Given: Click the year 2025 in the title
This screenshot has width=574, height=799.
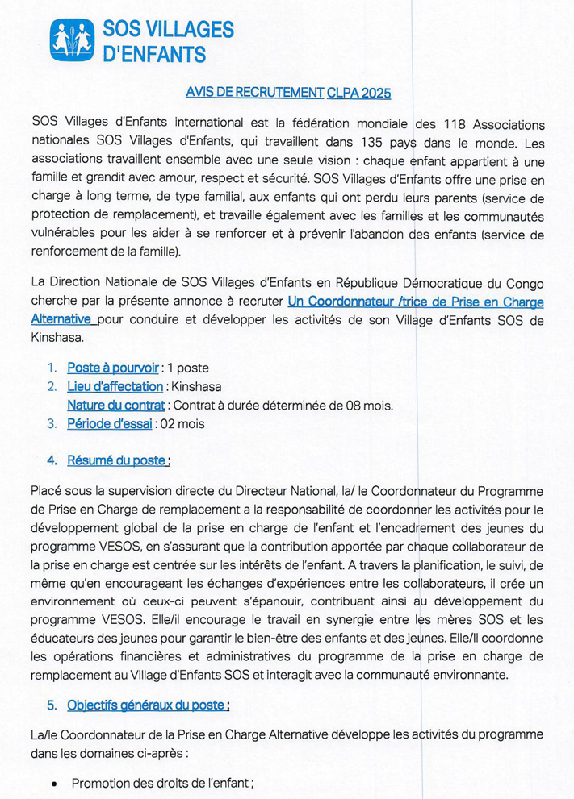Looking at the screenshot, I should pos(375,93).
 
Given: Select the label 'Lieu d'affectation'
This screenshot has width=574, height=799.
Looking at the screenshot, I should pos(115,386).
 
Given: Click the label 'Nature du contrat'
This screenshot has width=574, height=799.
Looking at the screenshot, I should pos(115,405).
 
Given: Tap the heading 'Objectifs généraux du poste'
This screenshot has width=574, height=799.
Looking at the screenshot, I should pos(147,705).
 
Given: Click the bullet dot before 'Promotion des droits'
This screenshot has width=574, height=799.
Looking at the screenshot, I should pos(54,783).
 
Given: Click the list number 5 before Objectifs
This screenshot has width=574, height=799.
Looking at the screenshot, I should pos(51,705).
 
